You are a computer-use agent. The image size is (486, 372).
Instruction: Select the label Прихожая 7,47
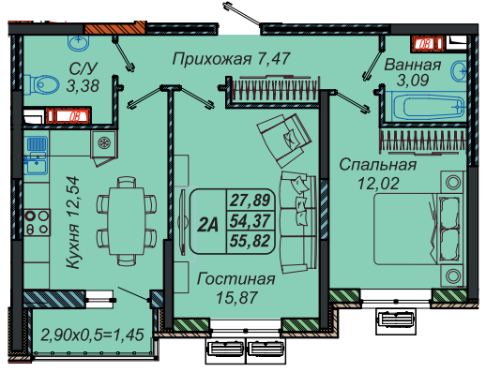tap(232, 59)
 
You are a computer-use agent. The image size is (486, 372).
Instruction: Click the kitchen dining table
tap(127, 221)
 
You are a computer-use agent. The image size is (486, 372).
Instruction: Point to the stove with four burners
tap(37, 222)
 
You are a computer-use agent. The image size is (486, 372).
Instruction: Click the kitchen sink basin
tap(37, 164)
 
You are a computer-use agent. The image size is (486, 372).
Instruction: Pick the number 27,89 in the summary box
tap(250, 201)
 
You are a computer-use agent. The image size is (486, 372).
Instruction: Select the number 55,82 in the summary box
tap(250, 241)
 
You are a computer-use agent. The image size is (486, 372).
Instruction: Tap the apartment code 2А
tap(207, 224)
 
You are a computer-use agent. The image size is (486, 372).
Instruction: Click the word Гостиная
tap(236, 279)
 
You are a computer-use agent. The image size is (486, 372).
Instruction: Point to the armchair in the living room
tap(284, 140)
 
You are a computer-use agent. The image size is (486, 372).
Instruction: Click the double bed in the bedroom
tap(418, 229)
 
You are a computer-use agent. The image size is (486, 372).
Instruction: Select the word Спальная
tap(378, 165)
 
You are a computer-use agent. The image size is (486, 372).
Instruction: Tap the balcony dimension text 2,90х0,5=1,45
tap(93, 335)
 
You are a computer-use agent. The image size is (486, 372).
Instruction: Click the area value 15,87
tap(236, 297)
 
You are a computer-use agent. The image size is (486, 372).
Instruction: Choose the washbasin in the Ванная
tap(459, 71)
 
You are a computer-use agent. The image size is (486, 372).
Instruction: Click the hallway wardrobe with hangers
tap(273, 91)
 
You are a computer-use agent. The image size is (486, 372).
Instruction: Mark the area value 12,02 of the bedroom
tap(378, 184)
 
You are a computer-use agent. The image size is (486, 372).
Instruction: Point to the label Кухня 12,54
tap(73, 222)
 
